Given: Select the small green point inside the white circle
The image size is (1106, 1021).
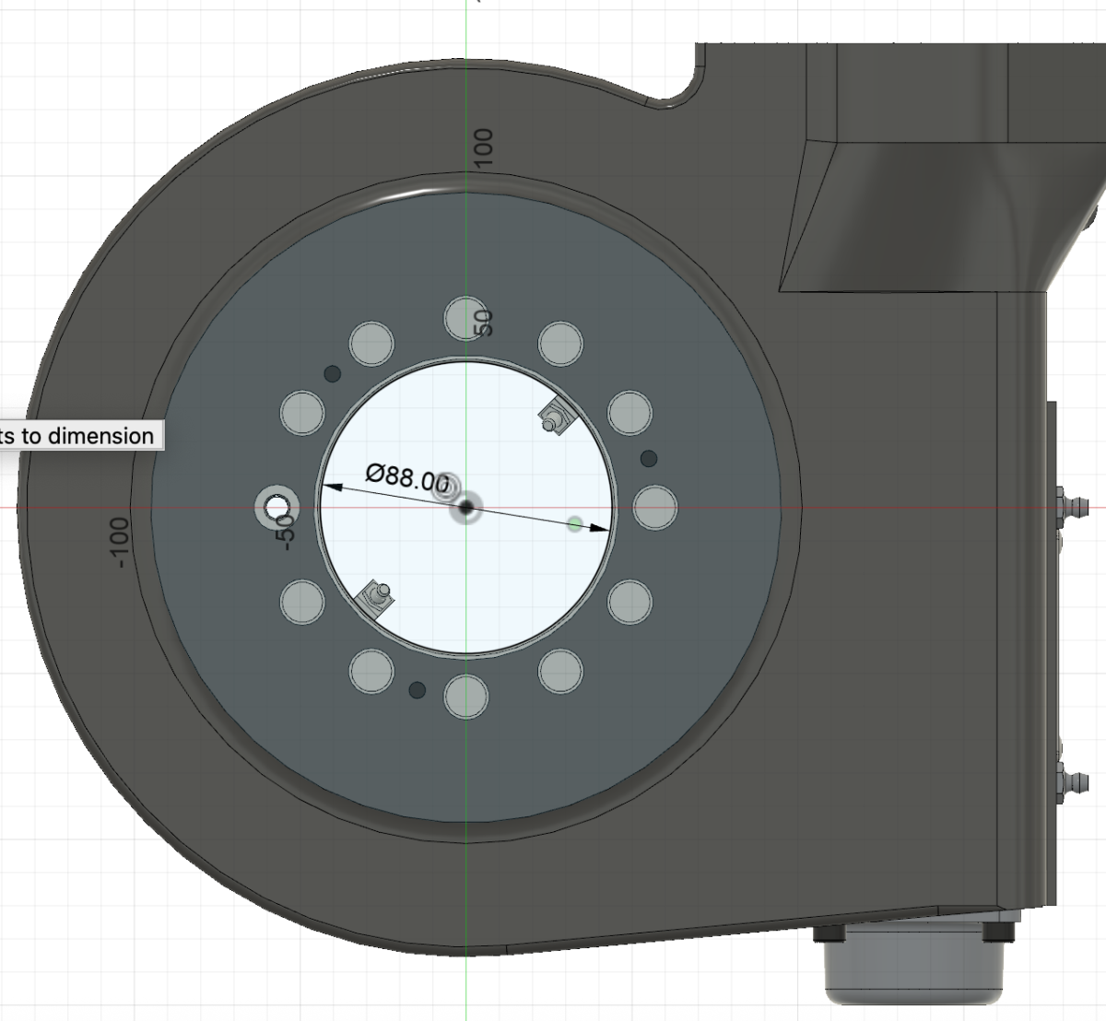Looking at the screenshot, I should (x=575, y=524).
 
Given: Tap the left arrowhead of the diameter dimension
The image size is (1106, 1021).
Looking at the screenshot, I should (x=327, y=487).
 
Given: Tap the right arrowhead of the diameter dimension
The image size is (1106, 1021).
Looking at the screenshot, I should (x=600, y=528).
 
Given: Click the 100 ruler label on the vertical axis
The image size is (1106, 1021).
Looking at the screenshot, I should (x=484, y=147).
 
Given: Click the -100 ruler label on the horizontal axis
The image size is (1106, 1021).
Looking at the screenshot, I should (x=118, y=543).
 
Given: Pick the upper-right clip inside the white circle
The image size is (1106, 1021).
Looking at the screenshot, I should (x=556, y=418).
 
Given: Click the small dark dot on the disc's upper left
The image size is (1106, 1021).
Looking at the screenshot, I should (x=333, y=373).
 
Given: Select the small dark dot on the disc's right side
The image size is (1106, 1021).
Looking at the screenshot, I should (x=649, y=458).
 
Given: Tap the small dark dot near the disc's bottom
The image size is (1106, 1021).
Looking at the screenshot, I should (x=417, y=689).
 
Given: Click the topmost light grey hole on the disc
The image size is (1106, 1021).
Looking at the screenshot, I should (x=465, y=318).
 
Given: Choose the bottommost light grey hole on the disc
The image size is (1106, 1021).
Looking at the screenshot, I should (x=465, y=696).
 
